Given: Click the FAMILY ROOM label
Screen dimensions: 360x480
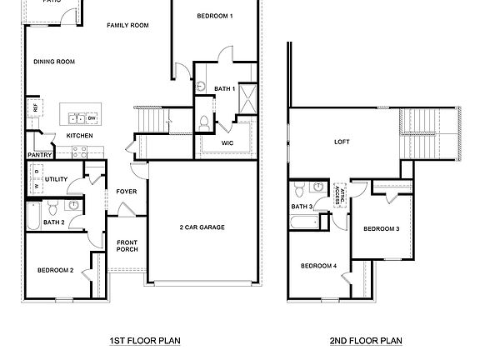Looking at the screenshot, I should pyautogui.click(x=127, y=26).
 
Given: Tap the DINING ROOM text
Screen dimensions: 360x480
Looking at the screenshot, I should pyautogui.click(x=54, y=62).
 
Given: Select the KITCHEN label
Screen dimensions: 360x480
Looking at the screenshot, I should pyautogui.click(x=79, y=136).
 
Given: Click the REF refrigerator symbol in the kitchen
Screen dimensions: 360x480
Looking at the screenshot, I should pyautogui.click(x=35, y=107).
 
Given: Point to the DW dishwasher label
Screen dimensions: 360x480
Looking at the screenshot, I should pyautogui.click(x=92, y=117).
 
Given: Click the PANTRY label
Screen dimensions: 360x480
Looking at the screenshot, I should pyautogui.click(x=39, y=154).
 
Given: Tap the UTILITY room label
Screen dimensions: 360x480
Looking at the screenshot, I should pyautogui.click(x=57, y=179).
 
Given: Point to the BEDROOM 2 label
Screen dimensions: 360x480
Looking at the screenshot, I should pyautogui.click(x=55, y=270).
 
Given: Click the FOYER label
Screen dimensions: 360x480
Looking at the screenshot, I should pyautogui.click(x=127, y=191).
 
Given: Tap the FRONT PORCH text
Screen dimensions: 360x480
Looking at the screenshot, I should pyautogui.click(x=127, y=245).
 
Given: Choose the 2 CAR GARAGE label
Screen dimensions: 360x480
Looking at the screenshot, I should pyautogui.click(x=202, y=227).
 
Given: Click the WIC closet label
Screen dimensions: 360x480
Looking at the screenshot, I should pyautogui.click(x=227, y=143).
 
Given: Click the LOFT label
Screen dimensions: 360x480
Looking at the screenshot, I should pyautogui.click(x=342, y=142).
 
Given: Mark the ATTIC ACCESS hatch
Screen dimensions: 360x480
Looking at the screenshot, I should pyautogui.click(x=342, y=194).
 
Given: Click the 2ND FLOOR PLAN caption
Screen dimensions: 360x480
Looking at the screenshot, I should pyautogui.click(x=366, y=341).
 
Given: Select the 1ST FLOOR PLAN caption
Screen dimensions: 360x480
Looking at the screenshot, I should pyautogui.click(x=145, y=341).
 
